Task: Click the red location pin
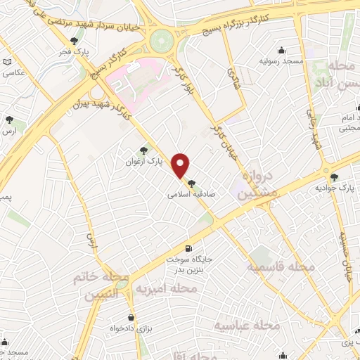tap(181, 165)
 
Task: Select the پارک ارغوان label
tap(150, 161)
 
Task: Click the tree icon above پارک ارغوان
tap(144, 150)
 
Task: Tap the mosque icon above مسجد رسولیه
tap(282, 50)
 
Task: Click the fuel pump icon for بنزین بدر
tap(188, 249)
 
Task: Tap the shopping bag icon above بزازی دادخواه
tap(131, 316)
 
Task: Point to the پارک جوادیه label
tap(334, 188)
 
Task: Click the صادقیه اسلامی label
tap(191, 198)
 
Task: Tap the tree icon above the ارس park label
tap(8, 120)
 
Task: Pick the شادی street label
tap(233, 76)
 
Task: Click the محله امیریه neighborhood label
tap(161, 289)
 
